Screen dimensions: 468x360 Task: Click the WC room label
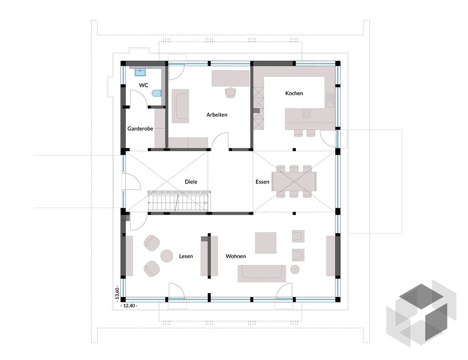click(x=143, y=85)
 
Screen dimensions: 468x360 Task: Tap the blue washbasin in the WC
click(x=140, y=72)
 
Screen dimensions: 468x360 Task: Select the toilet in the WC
click(x=156, y=94)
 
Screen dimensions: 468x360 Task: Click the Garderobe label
click(x=140, y=128)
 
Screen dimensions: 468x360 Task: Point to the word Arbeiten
click(x=216, y=115)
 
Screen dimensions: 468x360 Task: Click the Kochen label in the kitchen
click(x=294, y=93)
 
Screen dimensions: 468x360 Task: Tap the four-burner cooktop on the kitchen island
click(x=307, y=114)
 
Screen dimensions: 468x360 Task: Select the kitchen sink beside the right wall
click(x=330, y=100)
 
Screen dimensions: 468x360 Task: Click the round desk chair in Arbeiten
click(x=231, y=92)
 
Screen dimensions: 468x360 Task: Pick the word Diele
click(x=191, y=181)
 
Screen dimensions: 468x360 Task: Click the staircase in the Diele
click(x=179, y=201)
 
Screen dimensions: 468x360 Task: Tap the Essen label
click(x=262, y=181)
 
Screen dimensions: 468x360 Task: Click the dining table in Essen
click(x=294, y=181)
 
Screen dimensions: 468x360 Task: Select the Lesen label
click(x=186, y=256)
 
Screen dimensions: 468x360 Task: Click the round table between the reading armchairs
click(x=167, y=256)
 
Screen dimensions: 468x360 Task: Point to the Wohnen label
click(x=235, y=256)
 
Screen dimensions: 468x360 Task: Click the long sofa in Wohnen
click(x=262, y=273)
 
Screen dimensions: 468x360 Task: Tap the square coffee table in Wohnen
click(x=266, y=243)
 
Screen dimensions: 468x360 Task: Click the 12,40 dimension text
click(x=129, y=306)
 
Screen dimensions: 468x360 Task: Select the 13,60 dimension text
click(x=117, y=293)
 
